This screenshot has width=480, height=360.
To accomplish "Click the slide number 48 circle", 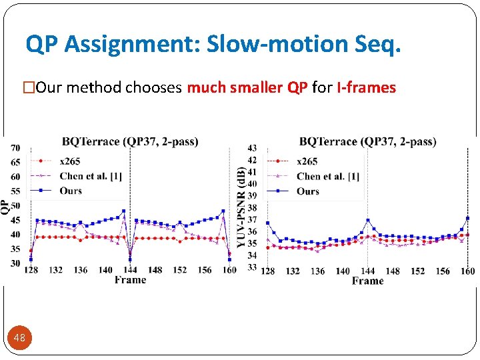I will pyautogui.click(x=19, y=338).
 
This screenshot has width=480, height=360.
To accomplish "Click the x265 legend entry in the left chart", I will pyautogui.click(x=70, y=161).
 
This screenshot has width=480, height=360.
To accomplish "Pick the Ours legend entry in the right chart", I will pyautogui.click(x=308, y=191).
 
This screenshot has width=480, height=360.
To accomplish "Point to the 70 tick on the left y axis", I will pyautogui.click(x=15, y=148).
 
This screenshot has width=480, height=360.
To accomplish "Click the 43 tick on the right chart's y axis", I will pyautogui.click(x=252, y=148).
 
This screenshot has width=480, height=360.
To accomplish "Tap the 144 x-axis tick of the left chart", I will pyautogui.click(x=130, y=270).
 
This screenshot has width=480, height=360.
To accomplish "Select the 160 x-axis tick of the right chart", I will pyautogui.click(x=467, y=271).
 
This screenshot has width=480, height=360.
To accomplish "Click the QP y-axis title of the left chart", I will pyautogui.click(x=5, y=206).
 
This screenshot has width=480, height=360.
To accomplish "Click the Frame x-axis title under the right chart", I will pyautogui.click(x=367, y=281).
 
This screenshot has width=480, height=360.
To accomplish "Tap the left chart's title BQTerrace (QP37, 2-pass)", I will pyautogui.click(x=130, y=141).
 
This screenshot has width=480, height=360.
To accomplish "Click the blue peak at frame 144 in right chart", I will pyautogui.click(x=367, y=220).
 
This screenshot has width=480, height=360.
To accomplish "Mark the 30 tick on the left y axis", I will pyautogui.click(x=15, y=263).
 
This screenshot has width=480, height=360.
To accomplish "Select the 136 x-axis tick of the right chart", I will pyautogui.click(x=317, y=271).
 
